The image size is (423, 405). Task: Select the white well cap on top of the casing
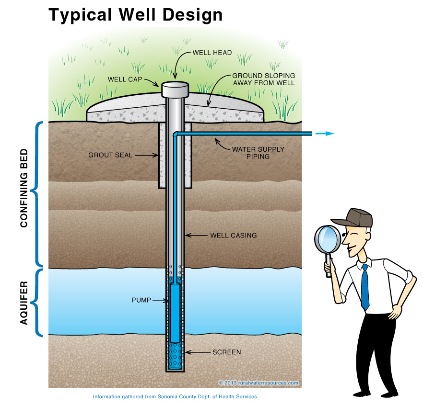pyautogui.click(x=175, y=89)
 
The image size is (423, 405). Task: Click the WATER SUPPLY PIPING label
pyautogui.click(x=258, y=153)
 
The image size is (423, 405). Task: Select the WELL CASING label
pyautogui.click(x=233, y=236)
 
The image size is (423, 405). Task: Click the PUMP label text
pyautogui.click(x=141, y=300)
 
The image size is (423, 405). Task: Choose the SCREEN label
pyautogui.click(x=226, y=352)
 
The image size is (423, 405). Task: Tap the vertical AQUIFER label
pyautogui.click(x=24, y=303)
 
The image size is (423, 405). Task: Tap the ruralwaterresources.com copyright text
pyautogui.click(x=259, y=382)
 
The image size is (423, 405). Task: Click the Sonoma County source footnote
pyautogui.click(x=175, y=397)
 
